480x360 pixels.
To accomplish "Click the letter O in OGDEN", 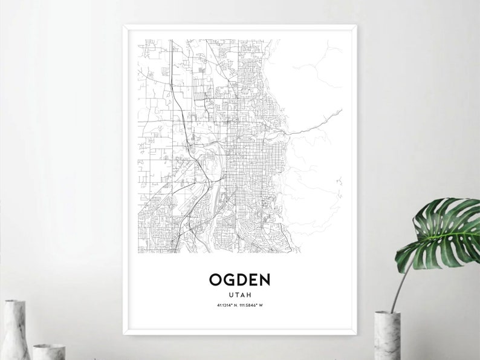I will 216,280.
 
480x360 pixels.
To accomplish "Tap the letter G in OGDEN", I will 229,280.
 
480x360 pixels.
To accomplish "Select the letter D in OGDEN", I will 241,280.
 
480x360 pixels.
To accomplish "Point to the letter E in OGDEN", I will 252,280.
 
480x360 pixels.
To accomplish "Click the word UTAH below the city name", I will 240,294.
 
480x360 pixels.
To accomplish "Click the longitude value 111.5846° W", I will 253,304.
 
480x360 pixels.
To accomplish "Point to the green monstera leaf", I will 441,233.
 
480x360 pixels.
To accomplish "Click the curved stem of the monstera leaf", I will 403,284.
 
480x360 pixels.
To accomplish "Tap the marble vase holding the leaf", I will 387,336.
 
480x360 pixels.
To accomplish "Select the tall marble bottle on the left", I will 15,330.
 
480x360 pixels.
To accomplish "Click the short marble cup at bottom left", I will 48,352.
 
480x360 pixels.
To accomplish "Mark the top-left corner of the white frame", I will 124,25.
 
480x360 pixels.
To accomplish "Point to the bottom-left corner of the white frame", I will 124,333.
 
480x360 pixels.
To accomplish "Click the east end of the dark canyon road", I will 342,110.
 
